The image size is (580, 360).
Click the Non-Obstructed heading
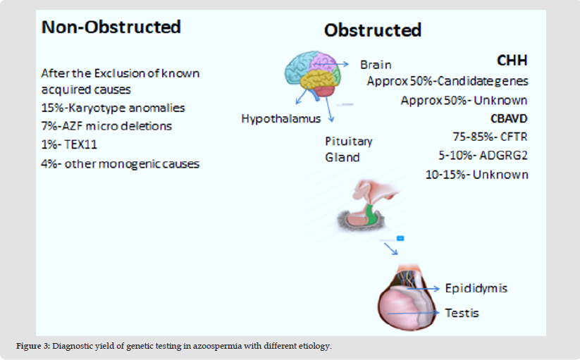coord(111,27)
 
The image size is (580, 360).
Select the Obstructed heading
coord(372,30)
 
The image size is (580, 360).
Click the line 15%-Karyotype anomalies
coord(113,108)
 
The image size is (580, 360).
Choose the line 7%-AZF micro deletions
coord(106,126)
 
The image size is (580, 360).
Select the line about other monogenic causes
coord(120,163)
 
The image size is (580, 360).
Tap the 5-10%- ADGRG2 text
coord(483,155)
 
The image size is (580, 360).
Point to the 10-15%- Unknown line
coord(477,174)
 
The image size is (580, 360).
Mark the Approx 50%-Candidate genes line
coord(447,81)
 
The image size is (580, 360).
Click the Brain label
coord(376,64)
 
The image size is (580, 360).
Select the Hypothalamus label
coord(281,118)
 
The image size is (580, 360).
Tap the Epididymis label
coord(476,288)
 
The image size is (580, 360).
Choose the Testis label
coord(462,312)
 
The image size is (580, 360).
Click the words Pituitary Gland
coord(349,149)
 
